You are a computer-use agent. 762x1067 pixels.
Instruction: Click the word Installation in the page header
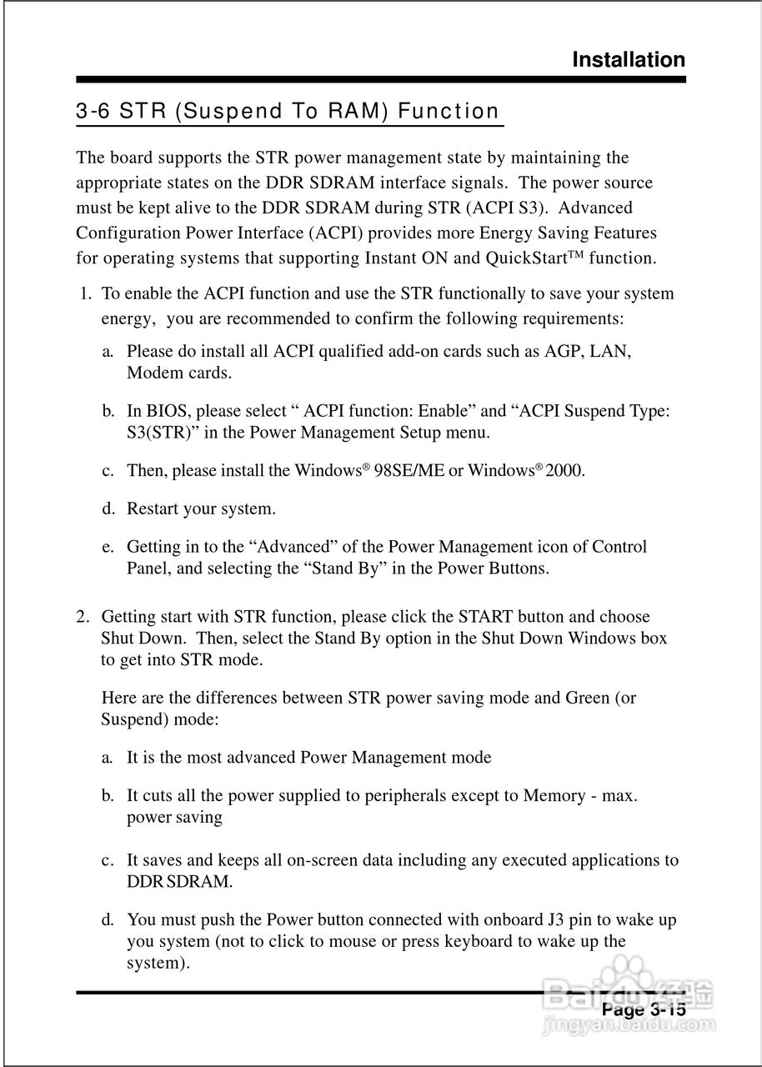click(x=629, y=60)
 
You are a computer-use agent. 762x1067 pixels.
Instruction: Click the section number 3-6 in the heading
click(x=93, y=111)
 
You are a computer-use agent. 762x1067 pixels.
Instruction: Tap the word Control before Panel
click(x=619, y=547)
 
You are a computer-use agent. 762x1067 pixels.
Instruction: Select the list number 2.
click(x=83, y=617)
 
